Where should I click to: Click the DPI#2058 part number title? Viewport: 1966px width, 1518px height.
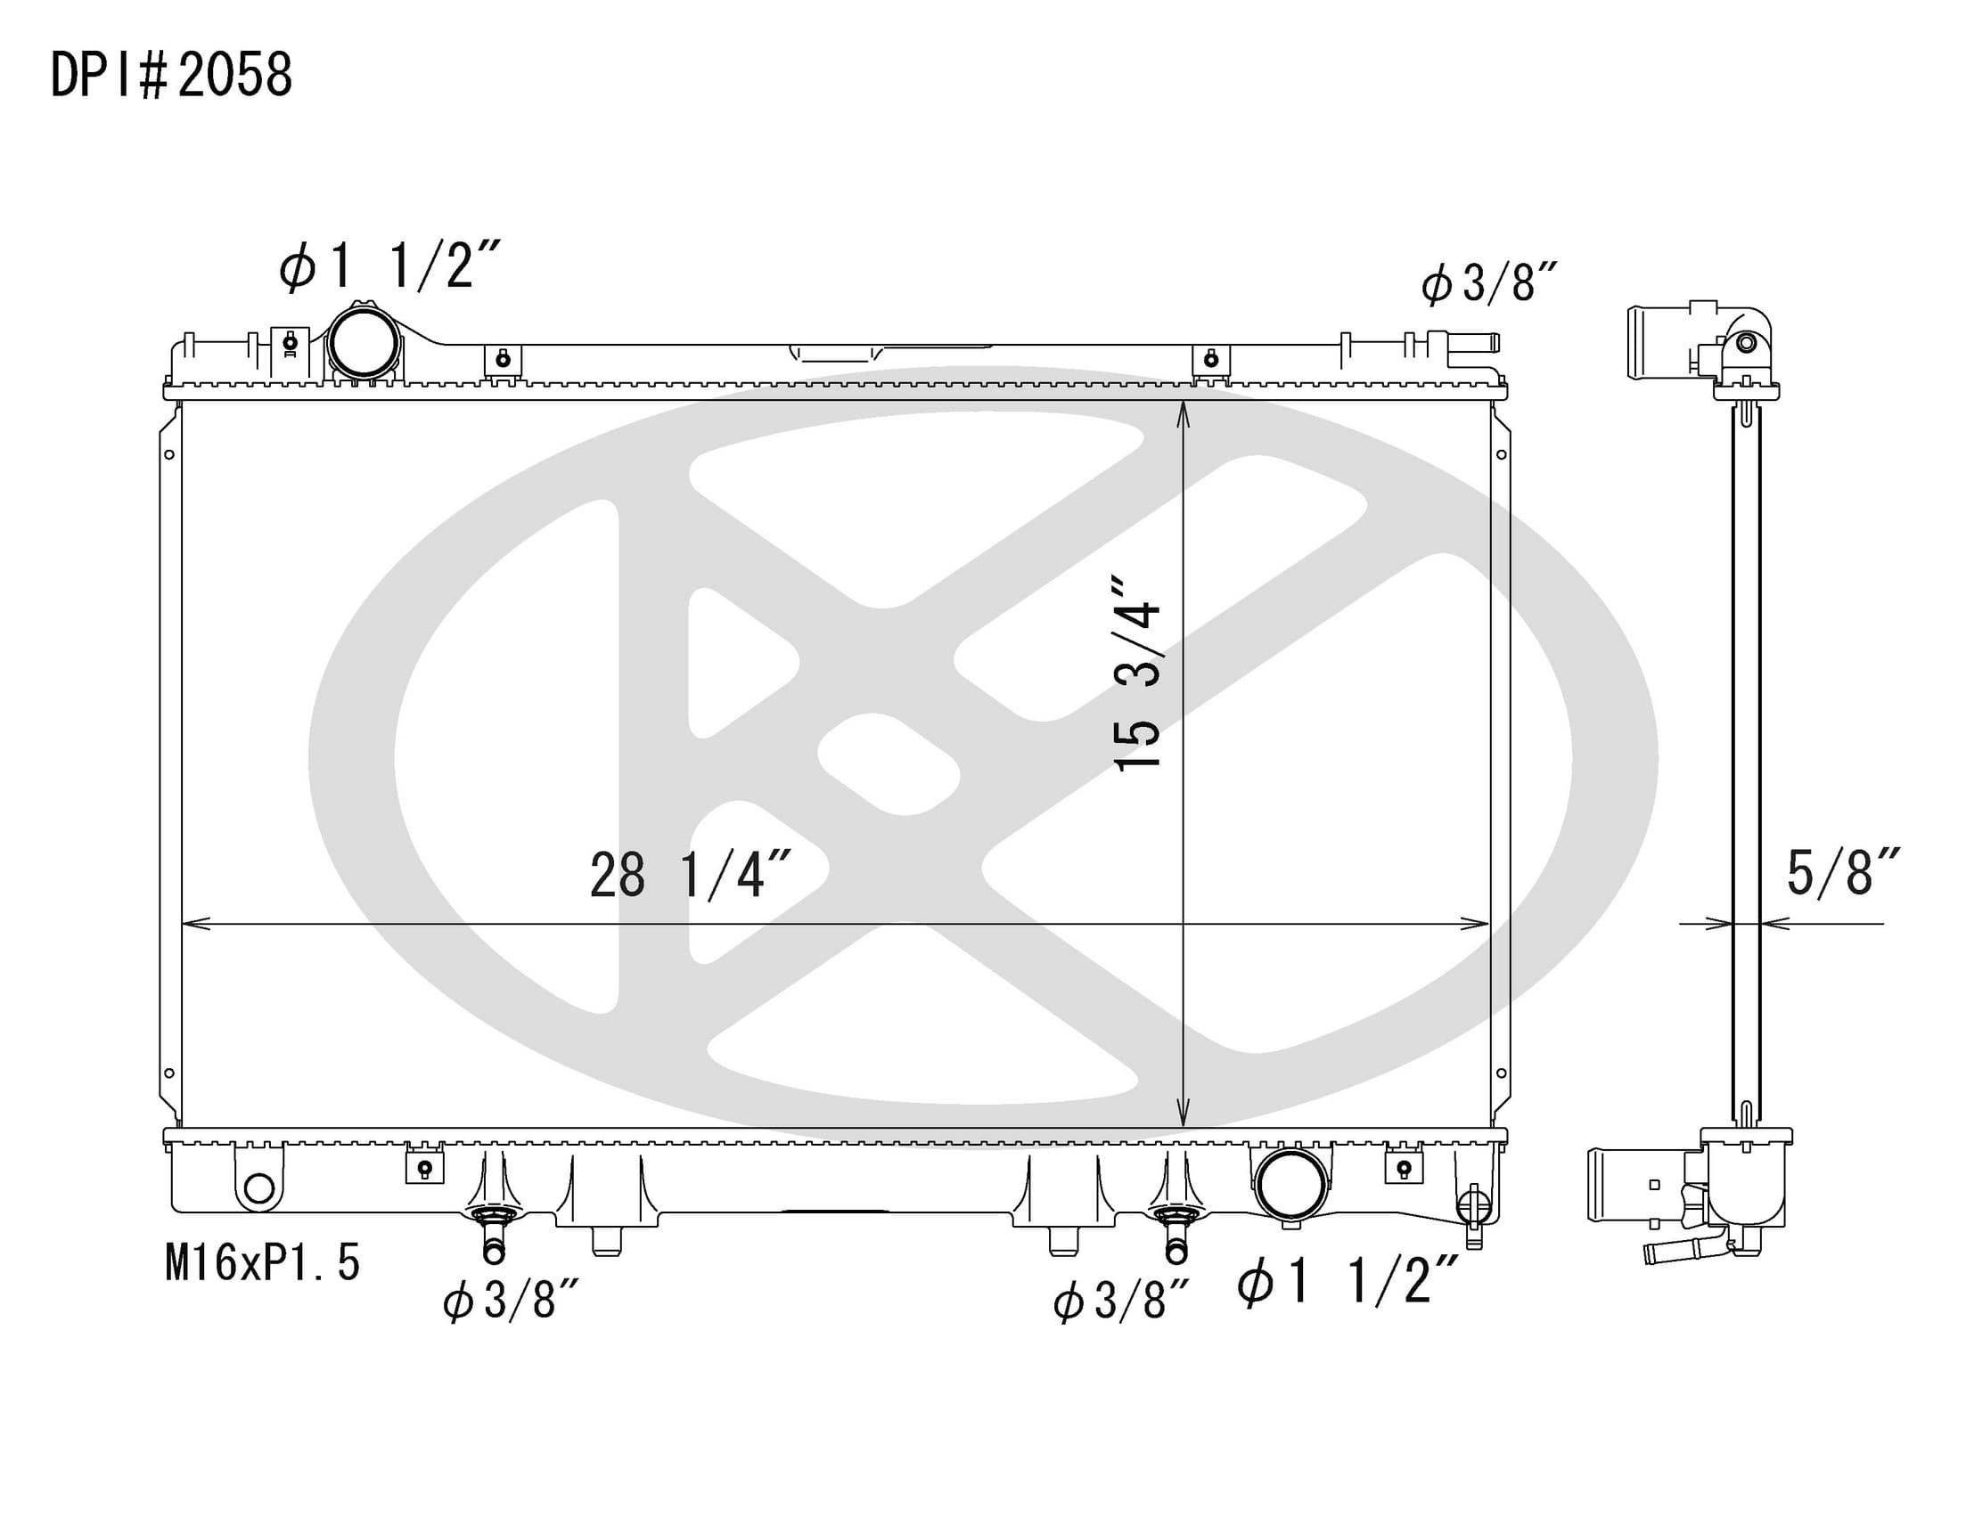click(x=171, y=75)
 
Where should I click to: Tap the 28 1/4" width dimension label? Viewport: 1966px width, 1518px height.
click(x=691, y=875)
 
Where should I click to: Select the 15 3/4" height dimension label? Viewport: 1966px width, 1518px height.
click(x=1138, y=673)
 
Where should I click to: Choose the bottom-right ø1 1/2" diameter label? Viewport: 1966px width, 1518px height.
click(x=1348, y=1280)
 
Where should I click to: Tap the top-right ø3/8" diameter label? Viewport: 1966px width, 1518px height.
click(x=1489, y=282)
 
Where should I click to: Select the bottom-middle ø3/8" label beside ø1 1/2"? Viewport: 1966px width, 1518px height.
click(x=1122, y=1301)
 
